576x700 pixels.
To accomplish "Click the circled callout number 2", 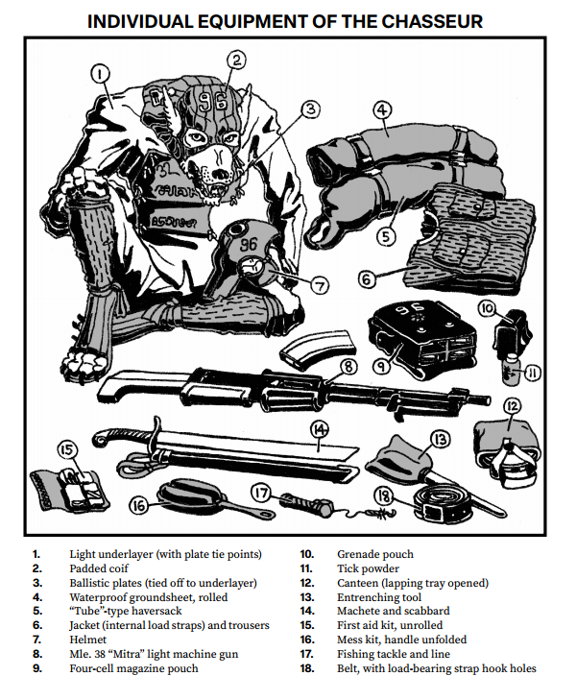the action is tap(236, 60).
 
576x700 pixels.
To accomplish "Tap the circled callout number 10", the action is tap(488, 308).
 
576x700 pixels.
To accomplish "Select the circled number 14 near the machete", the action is tap(320, 430).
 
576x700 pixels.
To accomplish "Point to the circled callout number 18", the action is tap(384, 495).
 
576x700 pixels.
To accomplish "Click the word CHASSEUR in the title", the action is tap(432, 21).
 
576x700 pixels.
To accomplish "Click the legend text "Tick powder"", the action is tap(368, 568).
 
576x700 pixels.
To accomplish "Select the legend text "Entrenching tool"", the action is tap(379, 597).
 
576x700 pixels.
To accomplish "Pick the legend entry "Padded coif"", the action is tap(99, 568).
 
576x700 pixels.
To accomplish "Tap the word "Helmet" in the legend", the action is tap(88, 640).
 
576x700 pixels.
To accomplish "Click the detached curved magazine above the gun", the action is tap(319, 350).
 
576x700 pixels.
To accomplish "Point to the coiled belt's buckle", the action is tap(432, 512).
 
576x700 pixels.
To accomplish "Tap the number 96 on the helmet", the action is tap(249, 244).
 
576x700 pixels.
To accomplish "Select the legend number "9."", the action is tap(37, 668).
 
